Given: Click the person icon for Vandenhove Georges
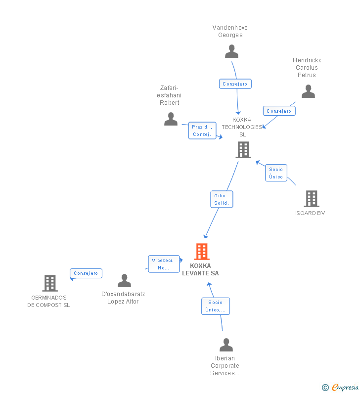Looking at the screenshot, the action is click(x=231, y=51).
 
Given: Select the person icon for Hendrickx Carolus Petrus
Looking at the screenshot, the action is click(x=308, y=91).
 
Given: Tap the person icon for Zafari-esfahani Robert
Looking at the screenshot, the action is click(x=171, y=119).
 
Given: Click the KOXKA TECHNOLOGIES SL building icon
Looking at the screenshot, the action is click(x=243, y=150).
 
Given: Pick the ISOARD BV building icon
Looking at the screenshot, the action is click(x=311, y=199).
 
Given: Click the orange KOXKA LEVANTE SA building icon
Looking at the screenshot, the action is click(x=201, y=252).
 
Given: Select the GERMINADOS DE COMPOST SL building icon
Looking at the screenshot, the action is click(x=49, y=283).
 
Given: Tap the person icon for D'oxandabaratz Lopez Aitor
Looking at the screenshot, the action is click(x=124, y=281).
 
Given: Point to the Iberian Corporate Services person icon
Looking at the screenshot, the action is click(x=226, y=345).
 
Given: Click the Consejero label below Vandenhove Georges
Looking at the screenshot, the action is click(x=235, y=84).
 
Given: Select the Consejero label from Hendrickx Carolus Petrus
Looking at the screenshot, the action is click(x=279, y=111).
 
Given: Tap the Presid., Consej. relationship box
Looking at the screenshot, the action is click(x=202, y=131).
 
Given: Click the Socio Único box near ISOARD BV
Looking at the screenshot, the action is click(x=276, y=173).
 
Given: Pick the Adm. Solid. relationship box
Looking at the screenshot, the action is click(x=221, y=199).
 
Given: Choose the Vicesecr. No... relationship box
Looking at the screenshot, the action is click(x=163, y=264).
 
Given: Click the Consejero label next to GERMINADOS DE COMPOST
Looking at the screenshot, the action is click(x=86, y=273).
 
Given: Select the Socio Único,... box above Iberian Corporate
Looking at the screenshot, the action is click(x=215, y=306).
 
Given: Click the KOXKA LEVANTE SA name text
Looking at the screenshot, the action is click(x=200, y=269).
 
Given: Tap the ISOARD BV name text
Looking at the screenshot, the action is click(x=310, y=214).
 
